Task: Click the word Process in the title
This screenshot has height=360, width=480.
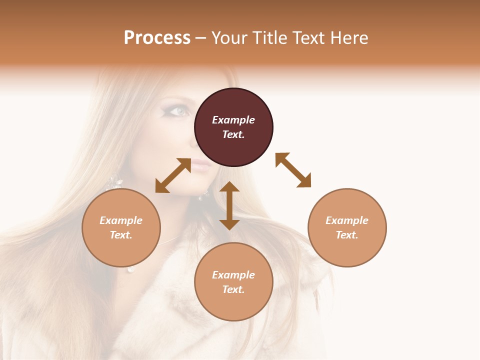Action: tap(157, 38)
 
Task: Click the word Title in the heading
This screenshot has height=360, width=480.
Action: tap(268, 38)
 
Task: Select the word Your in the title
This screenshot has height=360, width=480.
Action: tap(230, 38)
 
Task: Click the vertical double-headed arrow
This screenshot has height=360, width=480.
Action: tap(229, 205)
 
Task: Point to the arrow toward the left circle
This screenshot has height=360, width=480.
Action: tap(173, 175)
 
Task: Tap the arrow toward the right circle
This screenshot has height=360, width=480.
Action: tap(293, 170)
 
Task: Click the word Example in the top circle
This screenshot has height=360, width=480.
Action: tap(233, 120)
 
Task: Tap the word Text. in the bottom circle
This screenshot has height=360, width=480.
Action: tap(233, 289)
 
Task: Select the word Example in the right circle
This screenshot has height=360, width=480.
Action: tap(347, 220)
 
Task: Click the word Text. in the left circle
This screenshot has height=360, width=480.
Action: tap(121, 235)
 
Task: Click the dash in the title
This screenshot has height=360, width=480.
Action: tap(201, 38)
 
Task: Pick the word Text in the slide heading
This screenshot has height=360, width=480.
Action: tap(306, 38)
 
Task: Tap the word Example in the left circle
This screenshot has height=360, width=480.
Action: tap(121, 220)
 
